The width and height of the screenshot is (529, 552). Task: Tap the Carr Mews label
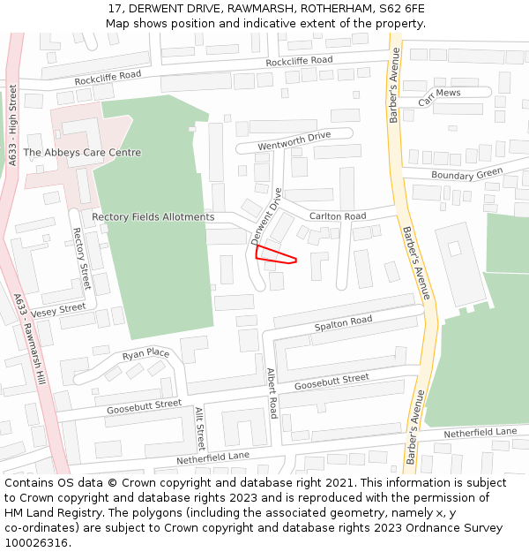439,97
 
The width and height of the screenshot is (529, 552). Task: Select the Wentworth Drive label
294,140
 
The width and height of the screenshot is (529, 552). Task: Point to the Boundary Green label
466,173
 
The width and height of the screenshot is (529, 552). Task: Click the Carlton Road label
337,216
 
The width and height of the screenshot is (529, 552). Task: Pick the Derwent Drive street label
265,216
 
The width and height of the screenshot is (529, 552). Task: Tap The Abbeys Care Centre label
82,153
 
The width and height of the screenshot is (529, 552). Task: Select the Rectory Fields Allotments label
153,217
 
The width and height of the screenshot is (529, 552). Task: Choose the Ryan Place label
145,354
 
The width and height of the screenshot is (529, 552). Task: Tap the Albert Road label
272,393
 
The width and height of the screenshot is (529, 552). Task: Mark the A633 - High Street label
13,128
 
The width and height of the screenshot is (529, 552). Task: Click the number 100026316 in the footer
36,542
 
